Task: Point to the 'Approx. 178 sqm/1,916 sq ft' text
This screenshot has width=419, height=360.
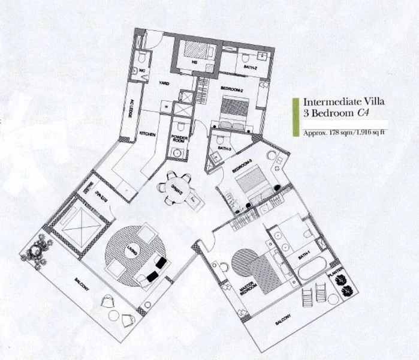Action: pos(338,133)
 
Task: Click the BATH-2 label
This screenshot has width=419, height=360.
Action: pos(251,68)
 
